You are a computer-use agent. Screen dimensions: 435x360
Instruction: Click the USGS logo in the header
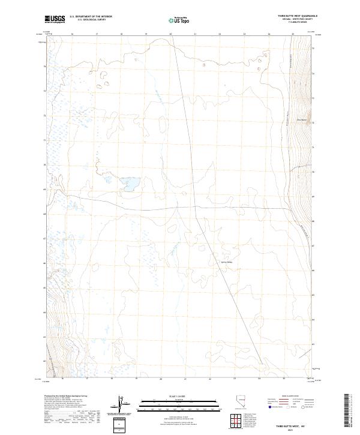tap(55, 19)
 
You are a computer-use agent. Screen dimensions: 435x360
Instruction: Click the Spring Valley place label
tap(223, 261)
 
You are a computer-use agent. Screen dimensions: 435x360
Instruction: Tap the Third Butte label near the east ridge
tap(303, 120)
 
